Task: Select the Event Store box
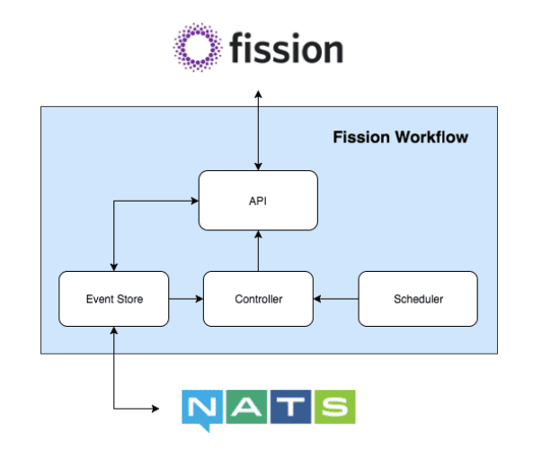(113, 298)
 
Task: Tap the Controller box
(258, 298)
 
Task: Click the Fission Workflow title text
(400, 138)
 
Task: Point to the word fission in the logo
(286, 48)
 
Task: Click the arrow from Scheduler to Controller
(336, 298)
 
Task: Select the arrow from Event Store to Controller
(185, 298)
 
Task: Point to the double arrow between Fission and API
(258, 130)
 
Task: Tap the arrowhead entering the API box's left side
(193, 200)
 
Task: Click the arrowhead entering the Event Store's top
(113, 266)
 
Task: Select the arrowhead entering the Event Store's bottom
(113, 331)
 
